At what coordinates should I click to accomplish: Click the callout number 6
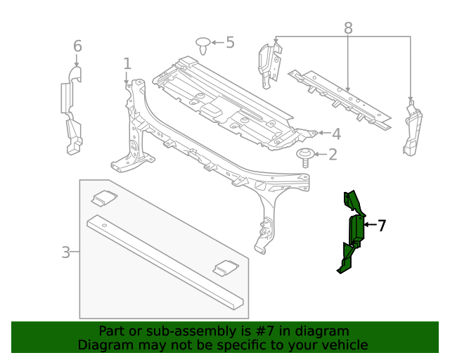coord(77,46)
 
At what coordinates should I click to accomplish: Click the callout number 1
coord(127,64)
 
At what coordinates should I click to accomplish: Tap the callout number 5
coord(229,43)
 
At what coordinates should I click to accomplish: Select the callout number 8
coord(348,28)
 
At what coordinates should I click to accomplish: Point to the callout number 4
coord(336,134)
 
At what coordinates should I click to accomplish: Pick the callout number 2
coord(333,154)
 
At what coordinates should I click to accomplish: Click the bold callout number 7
coord(381,226)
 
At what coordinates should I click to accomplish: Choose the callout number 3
coord(65,252)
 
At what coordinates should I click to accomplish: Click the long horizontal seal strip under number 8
coord(339,99)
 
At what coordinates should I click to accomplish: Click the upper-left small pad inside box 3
coord(105,198)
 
